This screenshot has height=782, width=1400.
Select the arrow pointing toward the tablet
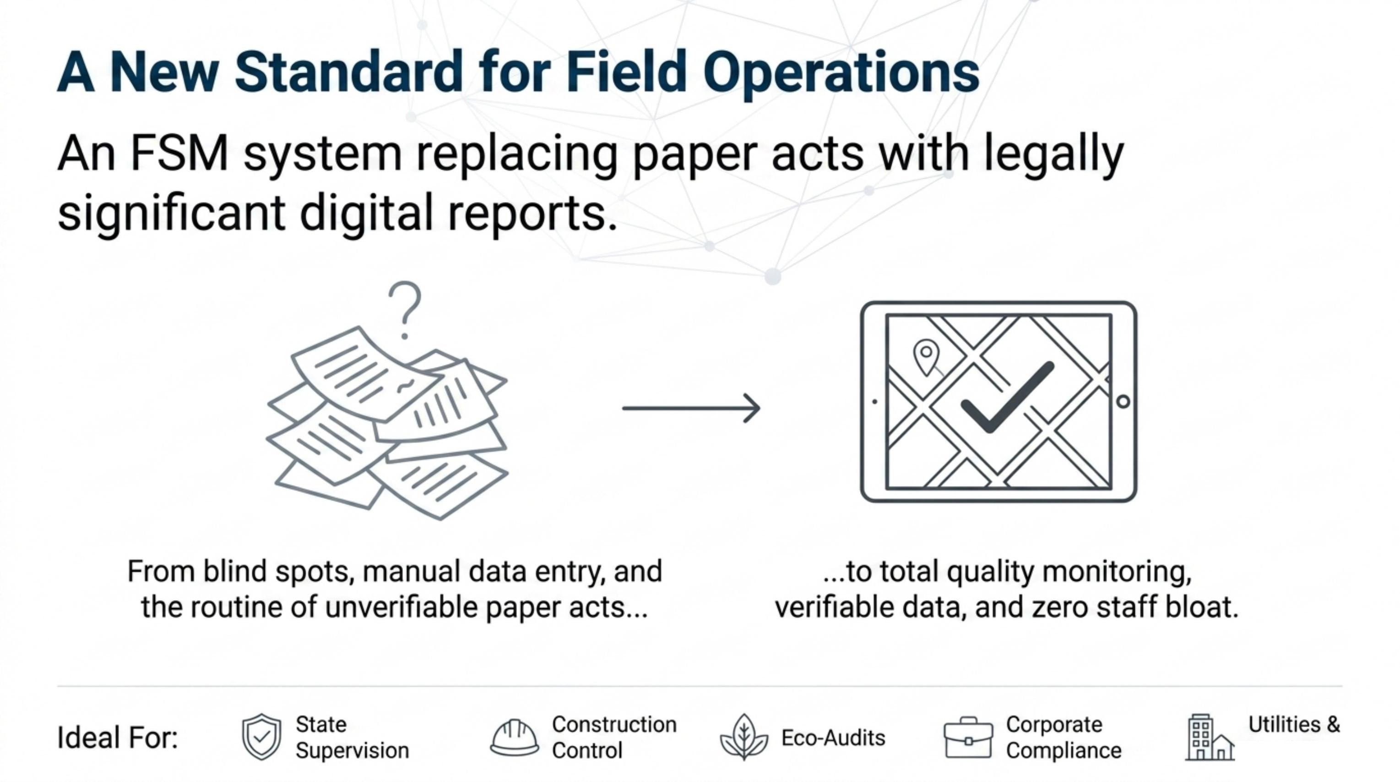click(x=691, y=408)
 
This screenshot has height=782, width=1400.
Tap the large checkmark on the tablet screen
click(x=1007, y=397)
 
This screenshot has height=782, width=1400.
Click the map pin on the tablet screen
click(x=926, y=357)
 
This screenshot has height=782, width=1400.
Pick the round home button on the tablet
click(x=1123, y=402)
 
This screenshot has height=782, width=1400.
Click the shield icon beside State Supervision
click(x=261, y=737)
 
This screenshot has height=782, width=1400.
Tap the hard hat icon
click(x=514, y=738)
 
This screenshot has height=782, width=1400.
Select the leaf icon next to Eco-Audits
click(x=744, y=738)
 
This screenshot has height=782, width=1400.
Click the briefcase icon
click(x=968, y=738)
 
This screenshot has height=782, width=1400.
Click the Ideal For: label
click(x=117, y=738)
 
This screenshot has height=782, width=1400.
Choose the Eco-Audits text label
click(x=833, y=738)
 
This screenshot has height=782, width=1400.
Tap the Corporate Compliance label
click(x=1064, y=738)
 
